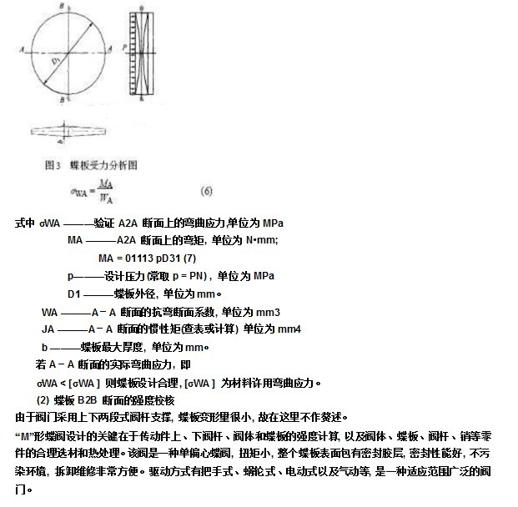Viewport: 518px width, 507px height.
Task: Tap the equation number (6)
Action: click(x=206, y=190)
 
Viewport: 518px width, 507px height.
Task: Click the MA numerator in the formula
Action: click(x=105, y=183)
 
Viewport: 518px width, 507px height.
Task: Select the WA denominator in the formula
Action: click(x=105, y=198)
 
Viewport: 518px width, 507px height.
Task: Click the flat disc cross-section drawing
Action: click(x=66, y=130)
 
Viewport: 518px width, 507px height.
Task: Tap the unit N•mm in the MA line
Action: click(x=261, y=240)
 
